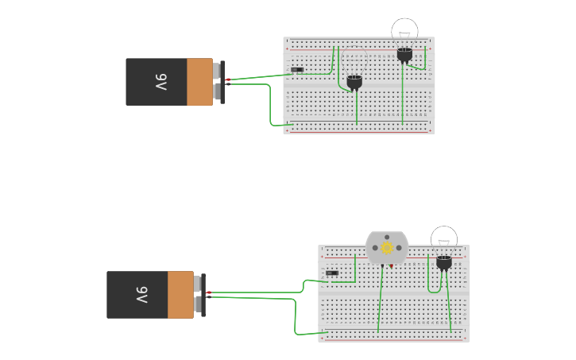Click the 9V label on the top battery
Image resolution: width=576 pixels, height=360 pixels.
pos(160,82)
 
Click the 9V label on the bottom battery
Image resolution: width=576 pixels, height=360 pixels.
pos(141,295)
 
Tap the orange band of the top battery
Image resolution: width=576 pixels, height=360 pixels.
pos(199,82)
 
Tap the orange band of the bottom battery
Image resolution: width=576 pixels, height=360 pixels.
pos(180,295)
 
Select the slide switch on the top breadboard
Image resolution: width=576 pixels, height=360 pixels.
pos(297,70)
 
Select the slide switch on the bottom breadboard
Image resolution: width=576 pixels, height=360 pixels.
pos(332,273)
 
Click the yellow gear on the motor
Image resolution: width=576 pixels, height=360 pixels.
pos(387,247)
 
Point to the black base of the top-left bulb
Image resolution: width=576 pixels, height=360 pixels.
pos(354,82)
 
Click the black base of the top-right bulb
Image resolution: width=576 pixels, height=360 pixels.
pos(404,55)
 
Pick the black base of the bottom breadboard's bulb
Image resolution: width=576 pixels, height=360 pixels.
pos(444,262)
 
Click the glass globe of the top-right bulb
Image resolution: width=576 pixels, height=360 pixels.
pos(404,31)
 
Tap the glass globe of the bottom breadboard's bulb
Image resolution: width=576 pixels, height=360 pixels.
pos(444,238)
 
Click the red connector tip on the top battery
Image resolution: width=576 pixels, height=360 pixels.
pos(228,79)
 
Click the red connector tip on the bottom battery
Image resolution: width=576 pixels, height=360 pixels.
pos(209,292)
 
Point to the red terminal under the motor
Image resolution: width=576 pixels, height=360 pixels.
pos(391,265)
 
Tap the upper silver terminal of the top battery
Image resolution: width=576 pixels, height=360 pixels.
pos(216,72)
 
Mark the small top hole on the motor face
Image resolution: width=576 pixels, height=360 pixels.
pos(387,237)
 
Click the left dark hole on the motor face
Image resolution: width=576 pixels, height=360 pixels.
pos(373,248)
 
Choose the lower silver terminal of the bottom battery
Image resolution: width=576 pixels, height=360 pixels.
pos(197,304)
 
